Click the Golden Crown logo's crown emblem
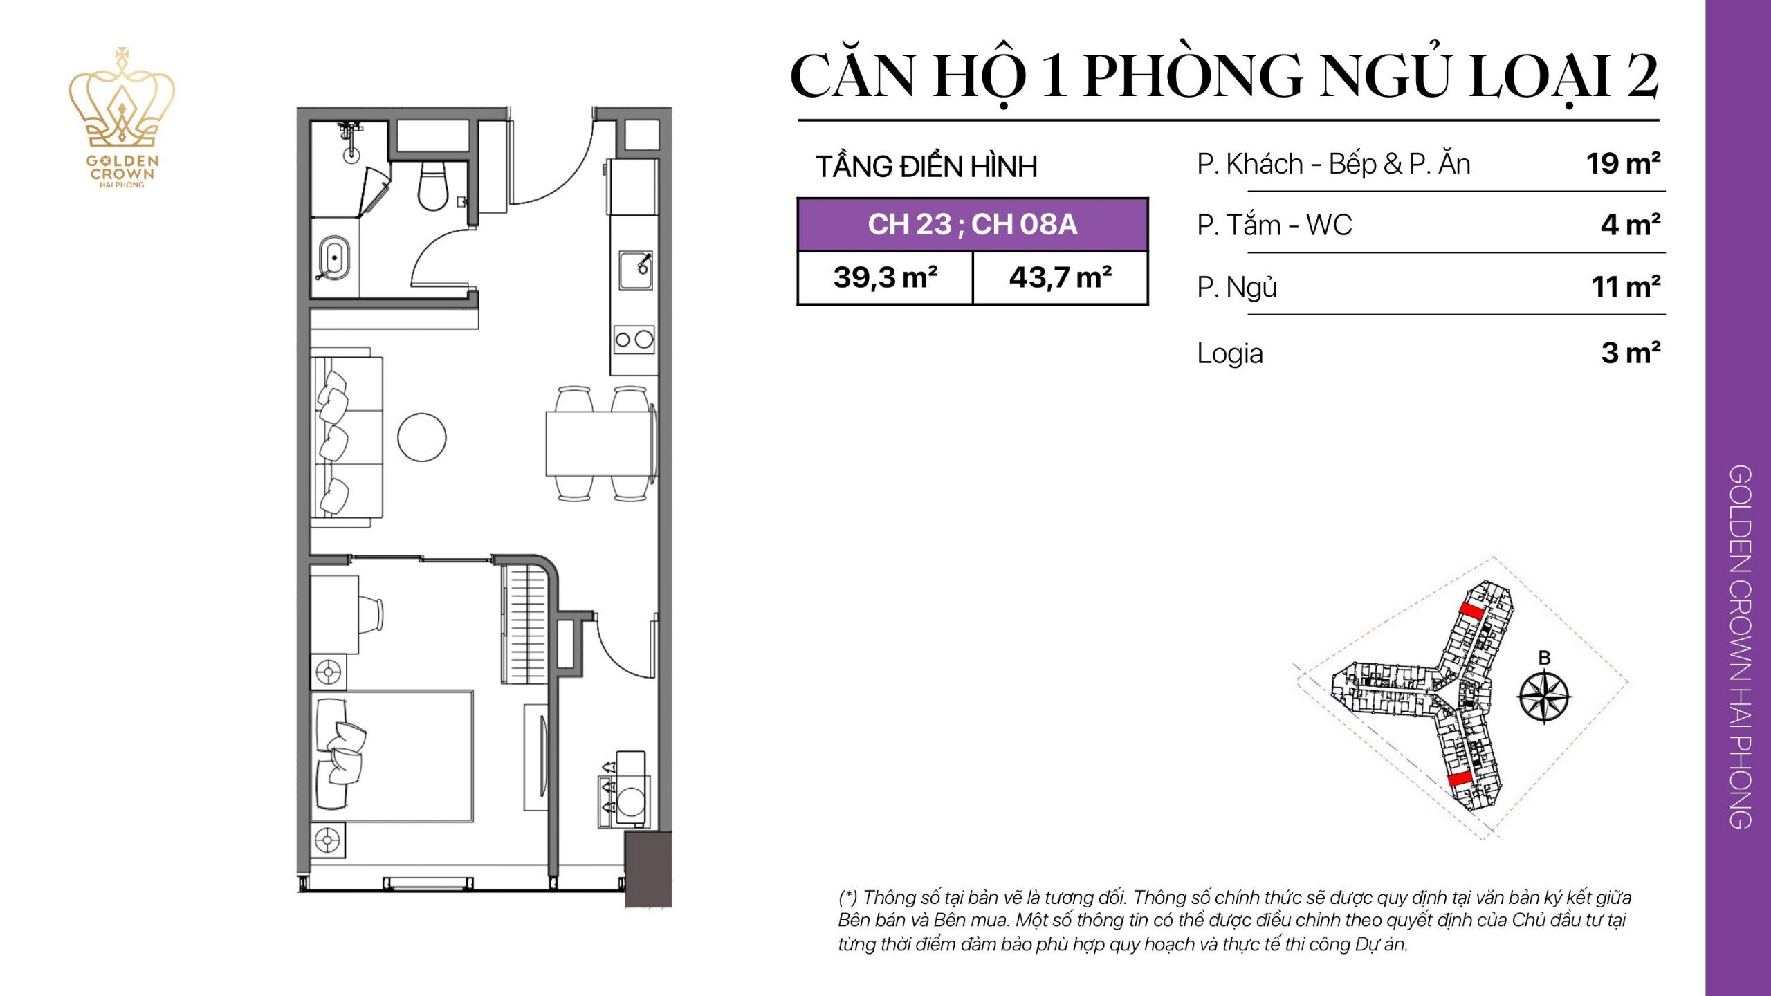(122, 100)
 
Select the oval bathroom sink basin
(334, 259)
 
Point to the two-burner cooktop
(634, 339)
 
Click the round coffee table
(421, 437)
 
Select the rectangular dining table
(598, 443)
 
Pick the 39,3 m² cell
(885, 278)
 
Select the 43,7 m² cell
(1060, 278)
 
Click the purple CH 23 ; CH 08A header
(972, 225)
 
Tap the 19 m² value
(1622, 164)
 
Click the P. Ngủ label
(1236, 287)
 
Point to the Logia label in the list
(1229, 353)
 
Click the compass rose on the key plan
(1544, 696)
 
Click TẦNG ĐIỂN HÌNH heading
(926, 167)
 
